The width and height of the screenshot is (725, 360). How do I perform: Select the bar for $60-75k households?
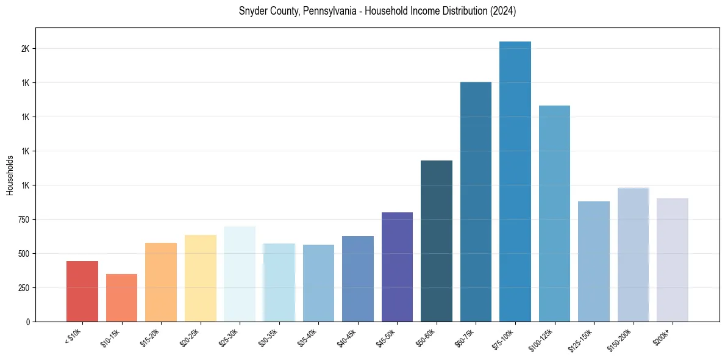pos(476,201)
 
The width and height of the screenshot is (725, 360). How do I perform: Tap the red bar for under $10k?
pos(82,291)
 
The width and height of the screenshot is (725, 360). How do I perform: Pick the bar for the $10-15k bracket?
pos(121,298)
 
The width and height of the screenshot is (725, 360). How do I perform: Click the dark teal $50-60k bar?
pos(437,241)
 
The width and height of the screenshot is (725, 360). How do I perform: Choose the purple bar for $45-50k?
pos(397,267)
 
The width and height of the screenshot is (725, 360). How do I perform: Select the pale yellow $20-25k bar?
pos(200,278)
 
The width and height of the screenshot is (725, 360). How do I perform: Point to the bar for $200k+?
pos(672,259)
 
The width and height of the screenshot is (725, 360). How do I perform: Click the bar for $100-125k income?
pos(554,214)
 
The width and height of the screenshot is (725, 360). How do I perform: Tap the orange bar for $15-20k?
pos(161,282)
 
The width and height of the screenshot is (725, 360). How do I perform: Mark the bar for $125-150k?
pos(593,261)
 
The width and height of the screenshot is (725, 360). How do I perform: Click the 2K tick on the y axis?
pos(24,49)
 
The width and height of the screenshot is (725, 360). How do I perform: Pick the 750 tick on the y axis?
pos(23,220)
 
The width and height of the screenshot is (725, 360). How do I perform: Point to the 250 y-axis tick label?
pos(23,288)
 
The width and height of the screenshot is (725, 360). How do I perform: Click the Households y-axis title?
pos(10,175)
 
